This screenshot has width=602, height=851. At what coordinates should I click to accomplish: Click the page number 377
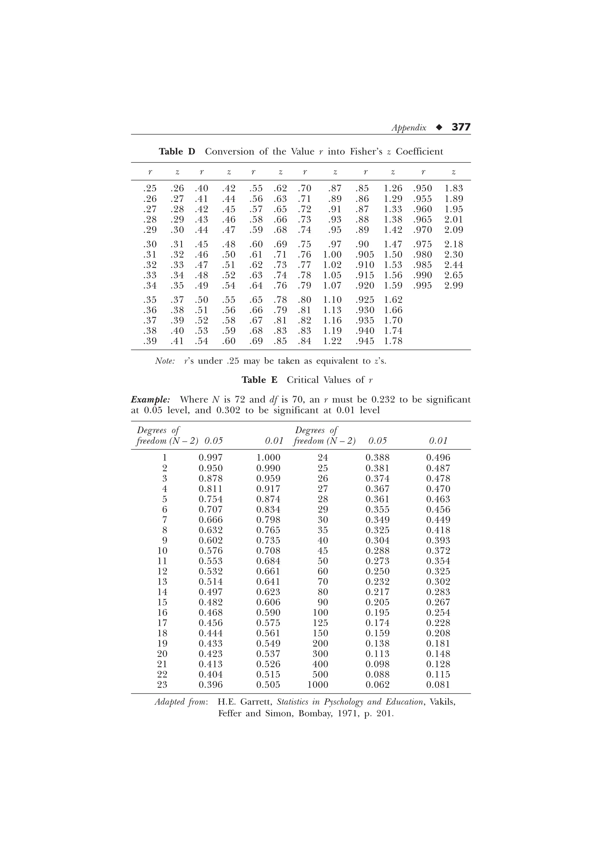(x=461, y=127)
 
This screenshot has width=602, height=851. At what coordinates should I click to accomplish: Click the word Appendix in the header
(x=409, y=128)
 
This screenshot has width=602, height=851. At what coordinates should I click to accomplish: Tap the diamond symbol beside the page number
(x=439, y=127)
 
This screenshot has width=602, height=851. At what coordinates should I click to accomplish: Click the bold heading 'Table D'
(x=177, y=152)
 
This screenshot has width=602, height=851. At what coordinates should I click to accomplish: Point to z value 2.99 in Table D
(x=454, y=285)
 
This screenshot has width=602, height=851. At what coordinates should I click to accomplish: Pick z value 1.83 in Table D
(x=454, y=188)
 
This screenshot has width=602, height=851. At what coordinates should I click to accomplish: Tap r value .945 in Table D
(x=364, y=341)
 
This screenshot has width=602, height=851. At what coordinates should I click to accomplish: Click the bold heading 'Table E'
(x=259, y=380)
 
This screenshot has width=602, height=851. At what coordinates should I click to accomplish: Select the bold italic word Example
(x=150, y=400)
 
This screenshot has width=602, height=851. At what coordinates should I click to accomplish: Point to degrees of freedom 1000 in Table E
(x=317, y=684)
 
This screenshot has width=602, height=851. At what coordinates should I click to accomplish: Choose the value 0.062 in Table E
(x=377, y=684)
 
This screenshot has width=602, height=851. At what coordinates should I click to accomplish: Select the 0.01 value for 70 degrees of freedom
(x=438, y=581)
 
